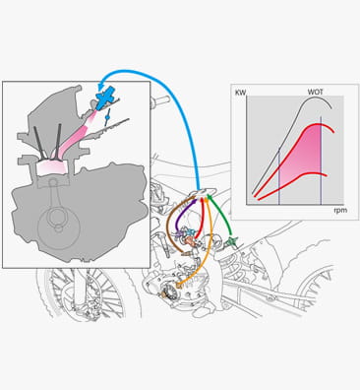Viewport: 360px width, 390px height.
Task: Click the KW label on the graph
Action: click(x=241, y=93)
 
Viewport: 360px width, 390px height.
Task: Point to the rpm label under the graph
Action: click(x=340, y=210)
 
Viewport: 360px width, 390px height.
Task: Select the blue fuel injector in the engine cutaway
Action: click(x=106, y=97)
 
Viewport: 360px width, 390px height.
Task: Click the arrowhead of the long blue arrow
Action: click(x=101, y=86)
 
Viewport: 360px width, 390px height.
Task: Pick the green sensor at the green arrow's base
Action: click(x=232, y=242)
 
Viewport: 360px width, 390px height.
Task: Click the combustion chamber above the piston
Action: click(x=51, y=166)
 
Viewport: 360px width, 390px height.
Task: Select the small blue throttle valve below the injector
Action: click(x=107, y=117)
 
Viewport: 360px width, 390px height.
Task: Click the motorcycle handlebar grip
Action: click(x=161, y=99)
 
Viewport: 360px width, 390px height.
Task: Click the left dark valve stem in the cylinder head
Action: click(x=39, y=143)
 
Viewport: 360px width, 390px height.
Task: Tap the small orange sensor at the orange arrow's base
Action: click(x=179, y=286)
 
